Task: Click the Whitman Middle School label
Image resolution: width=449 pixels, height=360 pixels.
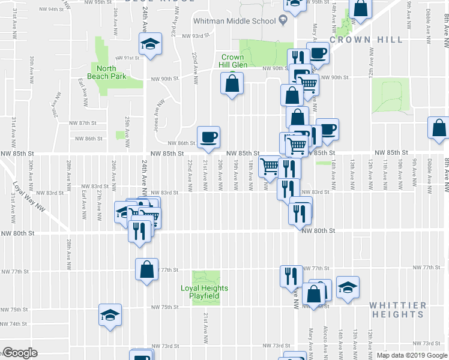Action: (234, 21)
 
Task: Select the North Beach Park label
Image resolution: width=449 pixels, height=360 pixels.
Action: (106, 72)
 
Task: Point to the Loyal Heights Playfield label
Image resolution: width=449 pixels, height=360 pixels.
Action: (205, 292)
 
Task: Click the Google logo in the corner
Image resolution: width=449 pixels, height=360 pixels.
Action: (20, 352)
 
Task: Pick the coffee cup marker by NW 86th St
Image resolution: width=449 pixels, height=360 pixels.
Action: (209, 137)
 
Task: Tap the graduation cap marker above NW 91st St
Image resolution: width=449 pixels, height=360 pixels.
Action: (149, 43)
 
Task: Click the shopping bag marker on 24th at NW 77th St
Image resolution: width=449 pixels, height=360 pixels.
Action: (146, 269)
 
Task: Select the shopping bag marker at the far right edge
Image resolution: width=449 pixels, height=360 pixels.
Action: (439, 128)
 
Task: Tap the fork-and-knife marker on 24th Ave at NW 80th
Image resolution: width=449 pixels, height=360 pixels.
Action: (138, 230)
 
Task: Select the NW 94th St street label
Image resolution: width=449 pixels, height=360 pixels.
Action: (63, 10)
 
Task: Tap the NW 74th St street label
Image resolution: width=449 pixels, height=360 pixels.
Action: (14, 323)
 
